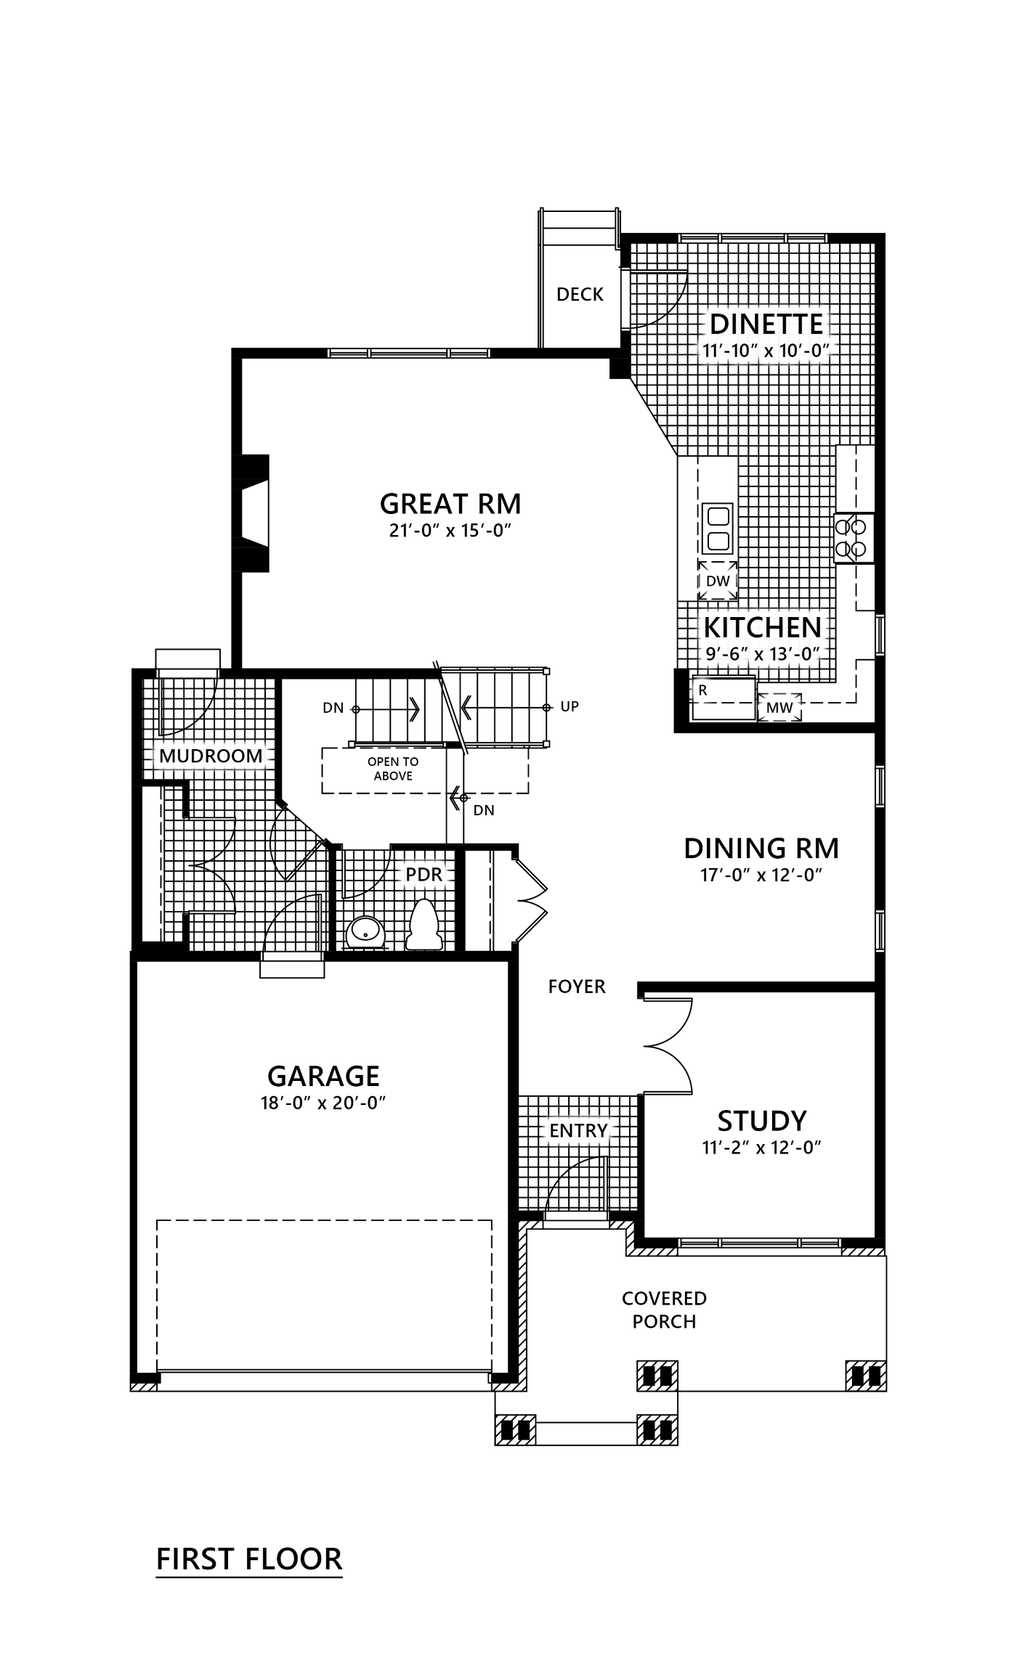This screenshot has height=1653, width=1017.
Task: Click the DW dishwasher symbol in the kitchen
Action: pyautogui.click(x=718, y=581)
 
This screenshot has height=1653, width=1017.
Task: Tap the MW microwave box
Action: pyautogui.click(x=779, y=707)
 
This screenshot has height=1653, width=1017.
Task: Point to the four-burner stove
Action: pyautogui.click(x=854, y=538)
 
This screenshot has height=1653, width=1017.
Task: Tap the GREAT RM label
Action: pyautogui.click(x=450, y=503)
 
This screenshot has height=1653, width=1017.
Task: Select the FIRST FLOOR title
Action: pyautogui.click(x=249, y=1559)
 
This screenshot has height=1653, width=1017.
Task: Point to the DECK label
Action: pyautogui.click(x=580, y=294)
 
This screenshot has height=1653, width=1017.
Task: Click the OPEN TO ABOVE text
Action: pyautogui.click(x=393, y=769)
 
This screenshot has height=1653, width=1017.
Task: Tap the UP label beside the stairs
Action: pyautogui.click(x=570, y=706)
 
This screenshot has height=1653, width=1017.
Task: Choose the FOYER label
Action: pyautogui.click(x=577, y=987)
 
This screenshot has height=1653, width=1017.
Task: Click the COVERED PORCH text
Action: pyautogui.click(x=664, y=1310)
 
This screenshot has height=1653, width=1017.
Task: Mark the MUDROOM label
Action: pyautogui.click(x=211, y=756)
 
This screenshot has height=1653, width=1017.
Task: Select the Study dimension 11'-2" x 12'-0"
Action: pyautogui.click(x=761, y=1148)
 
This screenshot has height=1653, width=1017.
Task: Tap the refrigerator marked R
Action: pyautogui.click(x=724, y=698)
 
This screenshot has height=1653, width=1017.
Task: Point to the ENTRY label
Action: pyautogui.click(x=578, y=1130)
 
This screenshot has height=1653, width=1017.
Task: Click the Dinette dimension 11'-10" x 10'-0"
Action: pyautogui.click(x=766, y=350)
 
